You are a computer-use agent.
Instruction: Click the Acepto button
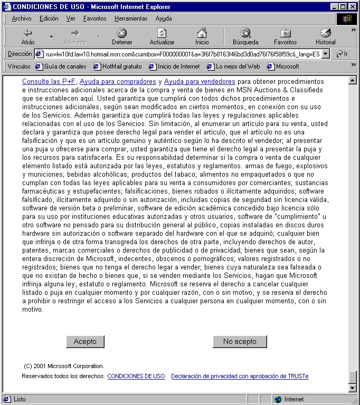[x=85, y=342]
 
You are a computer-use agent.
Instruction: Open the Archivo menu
[x=22, y=18]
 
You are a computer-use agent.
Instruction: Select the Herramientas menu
[x=131, y=18]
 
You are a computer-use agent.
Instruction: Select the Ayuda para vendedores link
[x=200, y=82]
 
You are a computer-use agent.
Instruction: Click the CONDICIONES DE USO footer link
[x=136, y=377]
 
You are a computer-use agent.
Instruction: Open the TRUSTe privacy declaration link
[x=240, y=377]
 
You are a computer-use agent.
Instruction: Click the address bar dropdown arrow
[x=325, y=54]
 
